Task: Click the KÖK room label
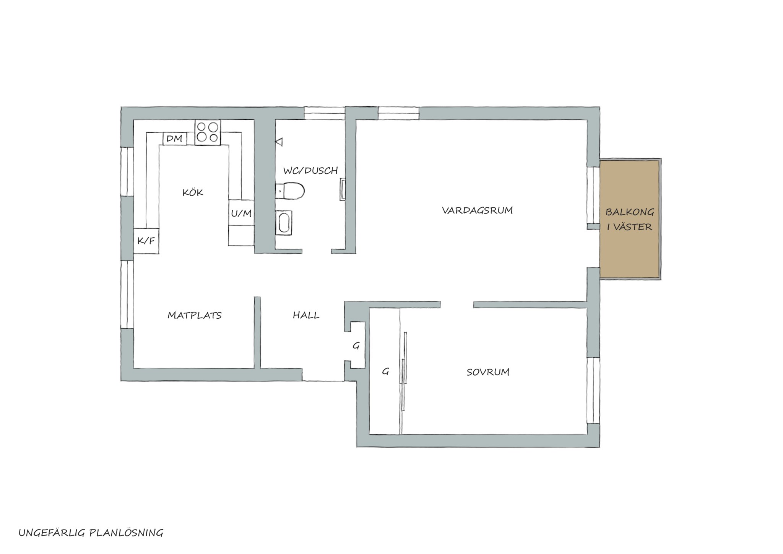point(193,192)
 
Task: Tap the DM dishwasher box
point(175,138)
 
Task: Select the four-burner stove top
point(208,132)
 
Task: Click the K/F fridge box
point(146,241)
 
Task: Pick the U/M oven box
point(241,213)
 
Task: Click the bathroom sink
point(283,222)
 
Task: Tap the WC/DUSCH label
point(310,171)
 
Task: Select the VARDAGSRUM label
point(477,210)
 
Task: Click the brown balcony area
point(630,219)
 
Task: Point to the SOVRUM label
point(488,372)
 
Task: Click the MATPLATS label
point(195,315)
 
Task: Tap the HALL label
point(306,315)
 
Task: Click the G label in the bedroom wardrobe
point(385,371)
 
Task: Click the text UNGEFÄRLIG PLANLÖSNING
point(91,533)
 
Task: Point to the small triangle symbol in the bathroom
point(279,142)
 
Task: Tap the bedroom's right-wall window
point(593,390)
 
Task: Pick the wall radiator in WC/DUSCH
point(343,190)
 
